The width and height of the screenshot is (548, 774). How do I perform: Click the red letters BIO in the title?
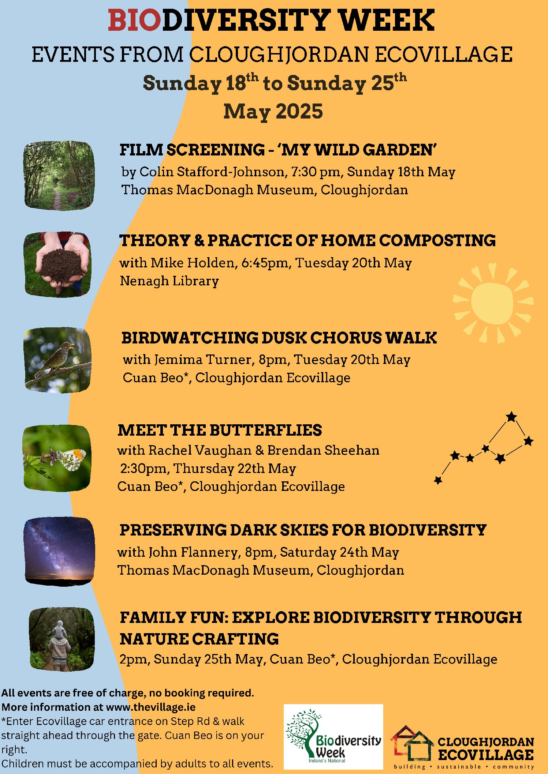[x=134, y=20]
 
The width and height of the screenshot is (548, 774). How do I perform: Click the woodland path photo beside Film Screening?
[x=59, y=176]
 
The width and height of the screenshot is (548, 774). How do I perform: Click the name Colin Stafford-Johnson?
[x=212, y=172]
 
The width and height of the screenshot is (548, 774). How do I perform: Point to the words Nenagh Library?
[x=169, y=281]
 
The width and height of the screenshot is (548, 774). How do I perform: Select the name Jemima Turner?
[x=204, y=360]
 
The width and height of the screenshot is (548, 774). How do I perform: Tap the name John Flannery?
[x=193, y=552]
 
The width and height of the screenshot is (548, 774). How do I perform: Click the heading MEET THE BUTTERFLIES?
[x=220, y=430]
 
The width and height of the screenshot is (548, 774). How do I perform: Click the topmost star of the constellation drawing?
[x=511, y=417]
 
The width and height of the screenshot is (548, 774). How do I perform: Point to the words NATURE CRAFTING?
[x=199, y=639]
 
